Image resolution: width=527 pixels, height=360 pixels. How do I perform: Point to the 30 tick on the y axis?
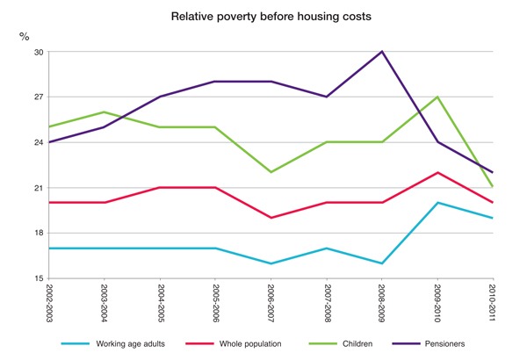[x=37, y=52]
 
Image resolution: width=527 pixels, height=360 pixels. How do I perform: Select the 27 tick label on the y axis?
[x=37, y=97]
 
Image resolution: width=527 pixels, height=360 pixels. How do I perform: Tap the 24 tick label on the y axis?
[x=37, y=142]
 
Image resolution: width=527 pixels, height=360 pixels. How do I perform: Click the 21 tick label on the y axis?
[x=37, y=188]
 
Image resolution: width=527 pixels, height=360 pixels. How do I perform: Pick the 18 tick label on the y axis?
[x=37, y=233]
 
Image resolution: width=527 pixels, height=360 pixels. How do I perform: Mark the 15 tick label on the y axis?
[x=37, y=278]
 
